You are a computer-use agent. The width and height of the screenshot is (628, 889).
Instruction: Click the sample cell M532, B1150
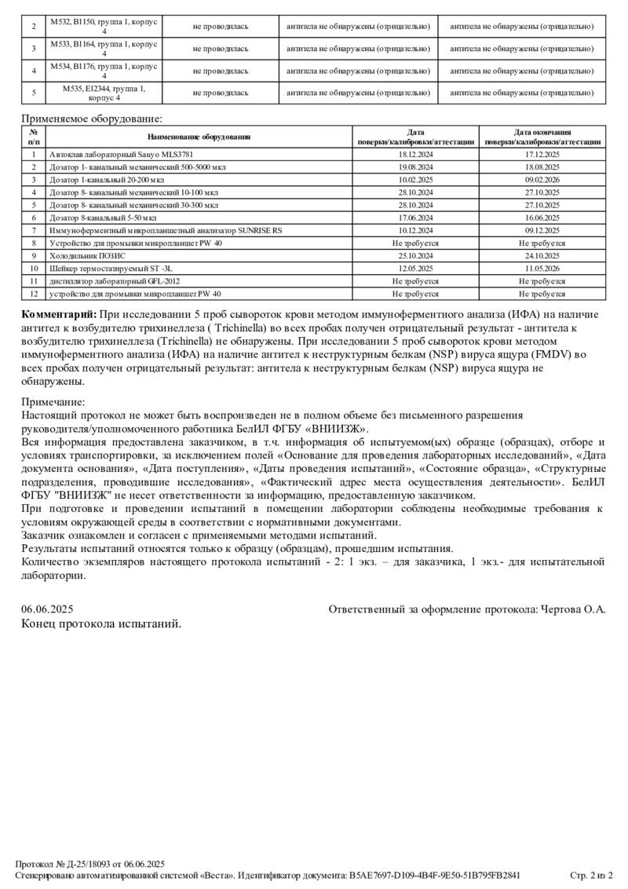click(x=104, y=27)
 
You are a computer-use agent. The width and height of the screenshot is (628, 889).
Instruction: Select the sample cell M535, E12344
click(x=104, y=93)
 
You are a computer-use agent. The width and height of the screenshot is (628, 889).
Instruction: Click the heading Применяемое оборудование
click(x=91, y=119)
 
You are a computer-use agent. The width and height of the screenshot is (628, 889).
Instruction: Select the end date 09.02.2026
click(x=542, y=180)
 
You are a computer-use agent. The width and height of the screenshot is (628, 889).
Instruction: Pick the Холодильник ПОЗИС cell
click(x=87, y=255)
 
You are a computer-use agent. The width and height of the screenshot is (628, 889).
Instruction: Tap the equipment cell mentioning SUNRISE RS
click(x=166, y=230)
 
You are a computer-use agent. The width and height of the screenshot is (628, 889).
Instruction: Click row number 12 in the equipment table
click(x=34, y=293)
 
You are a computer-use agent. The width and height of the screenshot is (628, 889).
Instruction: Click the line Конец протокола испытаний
click(x=101, y=624)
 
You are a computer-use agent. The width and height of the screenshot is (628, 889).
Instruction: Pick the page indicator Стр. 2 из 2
click(x=591, y=875)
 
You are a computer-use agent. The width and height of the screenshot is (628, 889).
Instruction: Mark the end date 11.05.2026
click(x=542, y=268)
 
